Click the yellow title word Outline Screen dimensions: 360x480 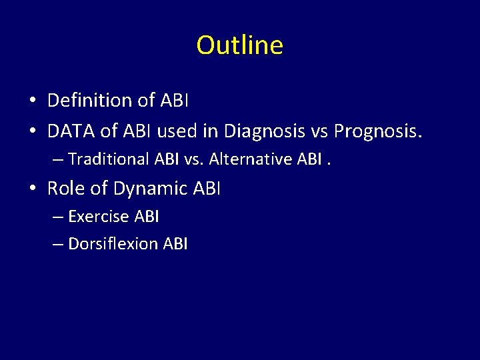pyautogui.click(x=240, y=45)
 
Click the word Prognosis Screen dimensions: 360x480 pyautogui.click(x=378, y=131)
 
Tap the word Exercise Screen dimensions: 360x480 pyautogui.click(x=99, y=217)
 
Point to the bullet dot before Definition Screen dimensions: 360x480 pyautogui.click(x=32, y=101)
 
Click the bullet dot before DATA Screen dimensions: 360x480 pyautogui.click(x=32, y=132)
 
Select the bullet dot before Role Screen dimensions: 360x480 pyautogui.click(x=32, y=189)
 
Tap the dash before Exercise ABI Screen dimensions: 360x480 pyautogui.click(x=58, y=217)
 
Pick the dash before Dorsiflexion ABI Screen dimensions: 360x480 pyautogui.click(x=58, y=245)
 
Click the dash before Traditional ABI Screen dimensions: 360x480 pyautogui.click(x=58, y=160)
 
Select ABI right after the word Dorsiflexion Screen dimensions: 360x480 pyautogui.click(x=175, y=244)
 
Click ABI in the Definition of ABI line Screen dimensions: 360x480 pyautogui.click(x=175, y=101)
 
